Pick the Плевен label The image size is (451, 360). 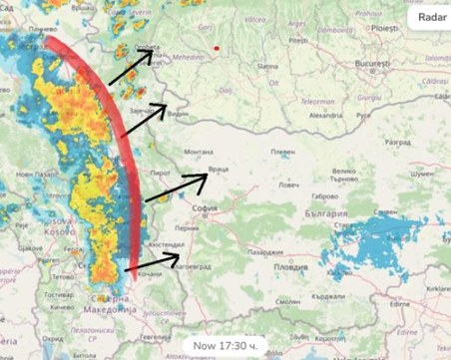tap(283, 152)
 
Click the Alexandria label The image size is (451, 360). tap(325, 116)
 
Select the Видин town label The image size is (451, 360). tap(177, 115)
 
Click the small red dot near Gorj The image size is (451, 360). tap(216, 46)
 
